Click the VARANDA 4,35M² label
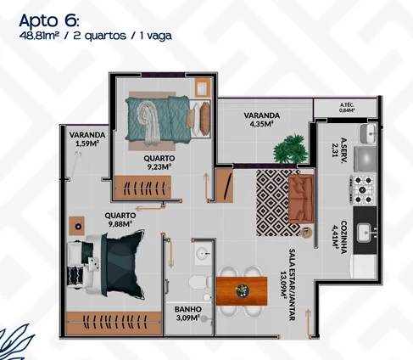click(x=262, y=119)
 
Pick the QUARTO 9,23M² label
click(x=159, y=162)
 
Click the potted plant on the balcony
click(x=290, y=148)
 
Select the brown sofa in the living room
click(x=301, y=197)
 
